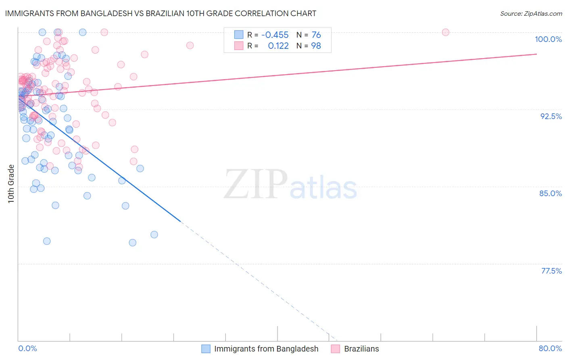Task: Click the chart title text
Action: click(x=160, y=13)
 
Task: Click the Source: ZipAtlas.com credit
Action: click(x=531, y=14)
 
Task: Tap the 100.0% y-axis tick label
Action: click(x=548, y=39)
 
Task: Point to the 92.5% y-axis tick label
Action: click(x=551, y=116)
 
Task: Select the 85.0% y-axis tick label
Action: click(x=550, y=193)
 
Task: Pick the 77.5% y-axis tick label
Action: click(x=551, y=271)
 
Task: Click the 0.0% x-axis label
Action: click(x=27, y=348)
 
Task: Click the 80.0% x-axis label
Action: click(x=550, y=348)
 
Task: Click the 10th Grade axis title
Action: click(x=11, y=184)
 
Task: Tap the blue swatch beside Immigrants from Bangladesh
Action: click(x=206, y=349)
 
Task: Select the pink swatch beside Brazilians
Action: click(x=336, y=349)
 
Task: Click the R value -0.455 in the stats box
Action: click(x=275, y=35)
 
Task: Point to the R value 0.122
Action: click(x=278, y=46)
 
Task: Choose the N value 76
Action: click(x=316, y=35)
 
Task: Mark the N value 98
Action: click(x=316, y=46)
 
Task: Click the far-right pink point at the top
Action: click(x=446, y=32)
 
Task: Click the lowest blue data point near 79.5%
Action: click(x=132, y=243)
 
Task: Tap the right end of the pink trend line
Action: click(x=536, y=54)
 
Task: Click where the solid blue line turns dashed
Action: click(x=180, y=222)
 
